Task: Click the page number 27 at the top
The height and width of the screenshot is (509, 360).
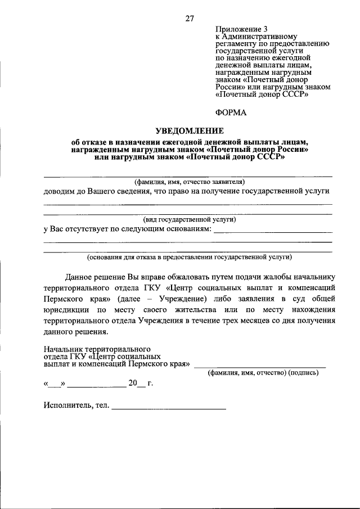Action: pyautogui.click(x=190, y=18)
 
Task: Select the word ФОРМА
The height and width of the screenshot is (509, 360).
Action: pyautogui.click(x=231, y=112)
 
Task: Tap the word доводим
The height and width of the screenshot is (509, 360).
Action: pyautogui.click(x=58, y=191)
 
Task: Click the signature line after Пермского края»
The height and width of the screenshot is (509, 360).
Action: pyautogui.click(x=259, y=366)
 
